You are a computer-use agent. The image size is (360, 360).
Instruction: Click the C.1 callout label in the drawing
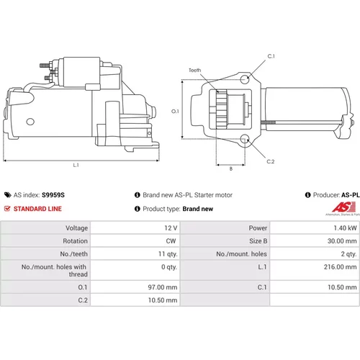click(271, 56)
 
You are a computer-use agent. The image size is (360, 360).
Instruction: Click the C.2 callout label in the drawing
click(271, 161)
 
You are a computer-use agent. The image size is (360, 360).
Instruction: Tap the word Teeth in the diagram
click(194, 70)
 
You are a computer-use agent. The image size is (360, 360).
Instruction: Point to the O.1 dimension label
click(175, 112)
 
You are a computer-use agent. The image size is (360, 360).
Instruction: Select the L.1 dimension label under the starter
click(76, 165)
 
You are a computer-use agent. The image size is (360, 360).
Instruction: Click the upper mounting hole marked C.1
click(245, 78)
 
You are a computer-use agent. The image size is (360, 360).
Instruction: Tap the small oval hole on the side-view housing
click(30, 122)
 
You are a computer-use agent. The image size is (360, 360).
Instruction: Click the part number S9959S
click(53, 195)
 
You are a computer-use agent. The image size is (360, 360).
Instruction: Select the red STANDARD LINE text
click(37, 209)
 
